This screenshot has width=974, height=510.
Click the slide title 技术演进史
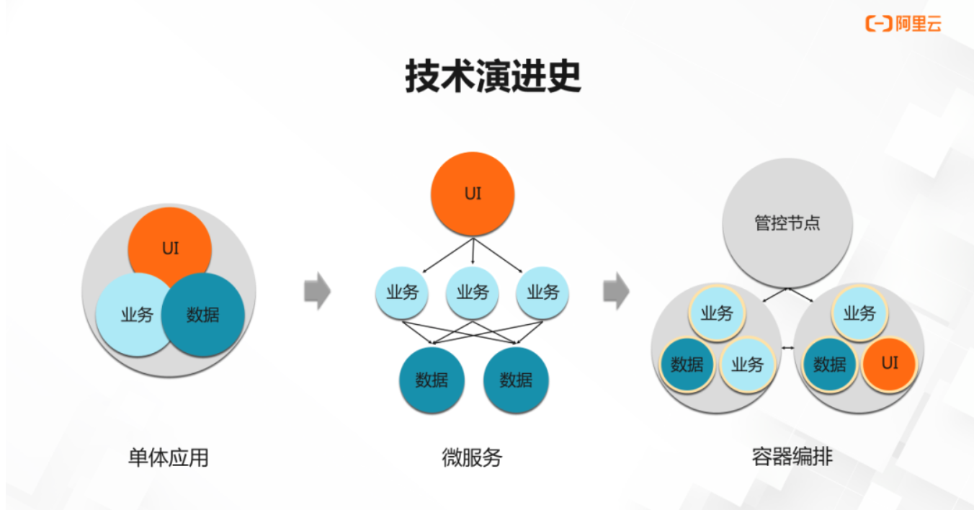(493, 76)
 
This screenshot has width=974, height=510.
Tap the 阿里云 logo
(903, 23)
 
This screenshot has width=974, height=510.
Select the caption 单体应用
(168, 457)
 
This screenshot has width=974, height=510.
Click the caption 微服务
(472, 457)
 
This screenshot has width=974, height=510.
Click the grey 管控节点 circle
(787, 223)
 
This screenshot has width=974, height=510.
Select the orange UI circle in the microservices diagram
(473, 194)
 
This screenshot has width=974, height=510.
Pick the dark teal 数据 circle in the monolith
(203, 315)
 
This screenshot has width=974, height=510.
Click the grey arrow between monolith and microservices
(317, 292)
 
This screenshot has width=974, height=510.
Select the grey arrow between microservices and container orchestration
(616, 292)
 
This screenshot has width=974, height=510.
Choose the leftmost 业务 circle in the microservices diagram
(402, 292)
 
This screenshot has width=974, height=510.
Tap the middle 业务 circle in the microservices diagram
(472, 292)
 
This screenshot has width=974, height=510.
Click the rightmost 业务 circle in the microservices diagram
(542, 292)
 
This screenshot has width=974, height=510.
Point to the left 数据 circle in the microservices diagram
(432, 380)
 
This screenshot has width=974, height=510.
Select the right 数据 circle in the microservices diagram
(516, 380)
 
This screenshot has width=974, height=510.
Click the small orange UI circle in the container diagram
(890, 363)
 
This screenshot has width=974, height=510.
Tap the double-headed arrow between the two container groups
(787, 349)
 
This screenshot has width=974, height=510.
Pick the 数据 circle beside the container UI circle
(830, 364)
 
